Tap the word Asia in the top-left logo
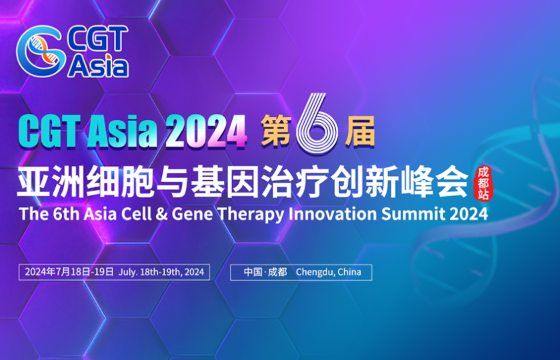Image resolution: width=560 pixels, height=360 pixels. click(97, 65)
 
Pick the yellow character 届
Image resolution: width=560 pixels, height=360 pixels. click(359, 131)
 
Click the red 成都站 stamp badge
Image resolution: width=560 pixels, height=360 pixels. click(482, 181)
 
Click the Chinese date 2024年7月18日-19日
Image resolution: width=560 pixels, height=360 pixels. click(69, 272)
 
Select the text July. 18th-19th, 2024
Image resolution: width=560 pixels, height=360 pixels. click(161, 272)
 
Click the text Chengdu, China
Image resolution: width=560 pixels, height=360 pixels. click(329, 272)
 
